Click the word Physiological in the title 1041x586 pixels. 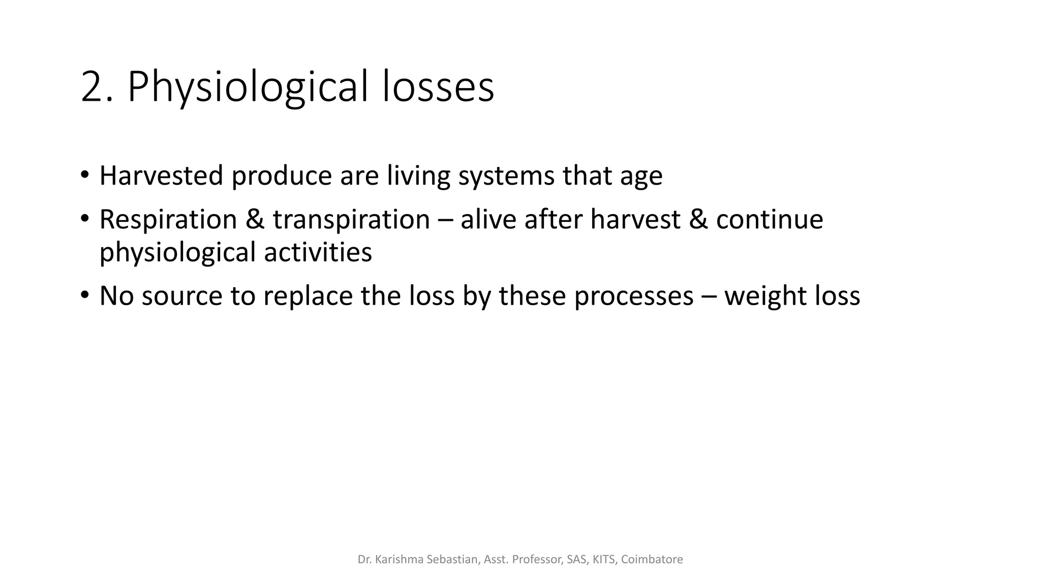[x=248, y=87]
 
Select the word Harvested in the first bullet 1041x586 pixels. [x=161, y=175]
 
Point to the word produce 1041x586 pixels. [x=281, y=177]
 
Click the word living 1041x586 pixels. [x=418, y=175]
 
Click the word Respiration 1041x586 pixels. [x=168, y=220]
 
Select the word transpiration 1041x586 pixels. [x=351, y=220]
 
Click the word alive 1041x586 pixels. [x=488, y=219]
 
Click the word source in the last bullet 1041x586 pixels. [x=182, y=296]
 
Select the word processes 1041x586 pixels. [x=633, y=297]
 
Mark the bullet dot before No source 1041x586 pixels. [x=84, y=295]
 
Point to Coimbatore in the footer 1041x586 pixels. [x=652, y=560]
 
